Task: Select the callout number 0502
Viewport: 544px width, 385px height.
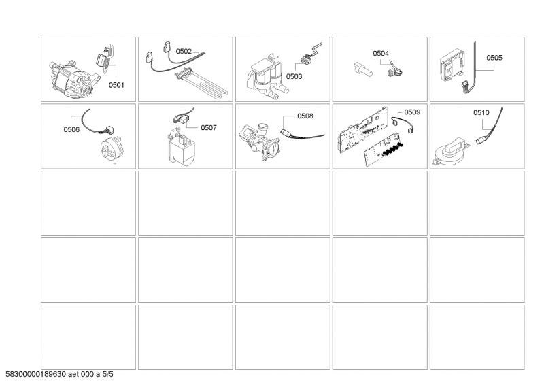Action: pyautogui.click(x=184, y=51)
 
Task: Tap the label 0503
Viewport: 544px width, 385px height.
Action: pyautogui.click(x=294, y=77)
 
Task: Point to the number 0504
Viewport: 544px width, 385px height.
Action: pyautogui.click(x=381, y=52)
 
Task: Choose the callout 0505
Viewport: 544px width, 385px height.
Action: pyautogui.click(x=494, y=58)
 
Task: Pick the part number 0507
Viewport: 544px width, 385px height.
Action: pyautogui.click(x=208, y=127)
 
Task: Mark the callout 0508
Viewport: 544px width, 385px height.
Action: pyautogui.click(x=305, y=116)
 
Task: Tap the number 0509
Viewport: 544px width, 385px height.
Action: pyautogui.click(x=412, y=111)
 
